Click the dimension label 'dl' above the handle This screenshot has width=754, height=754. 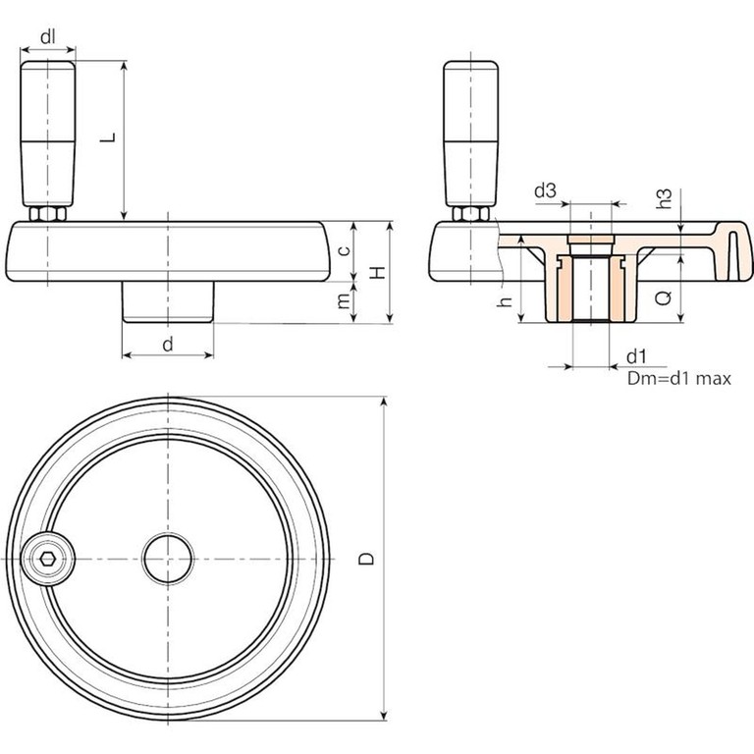[48, 37]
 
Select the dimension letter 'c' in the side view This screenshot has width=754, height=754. [343, 250]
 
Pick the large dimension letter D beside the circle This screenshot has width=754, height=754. [365, 559]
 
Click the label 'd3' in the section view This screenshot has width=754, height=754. [547, 190]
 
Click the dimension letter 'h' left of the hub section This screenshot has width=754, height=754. [504, 303]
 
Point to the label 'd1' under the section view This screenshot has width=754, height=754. [635, 354]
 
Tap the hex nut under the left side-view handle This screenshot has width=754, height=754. [46, 213]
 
